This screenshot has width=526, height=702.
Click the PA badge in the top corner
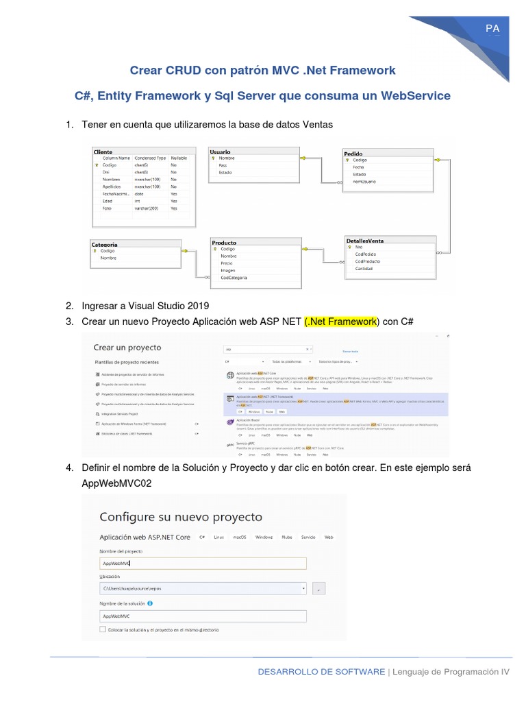coord(492,28)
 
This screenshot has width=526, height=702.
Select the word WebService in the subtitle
coord(417,96)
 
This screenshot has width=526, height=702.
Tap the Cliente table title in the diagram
coord(103,152)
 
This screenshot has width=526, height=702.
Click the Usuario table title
coord(221,152)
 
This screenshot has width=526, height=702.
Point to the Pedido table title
coord(353,154)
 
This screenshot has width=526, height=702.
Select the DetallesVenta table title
coord(365,241)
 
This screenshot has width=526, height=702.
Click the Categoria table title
coord(104,244)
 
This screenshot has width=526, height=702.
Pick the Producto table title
coord(224,243)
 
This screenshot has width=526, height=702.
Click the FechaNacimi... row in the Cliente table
coord(116,193)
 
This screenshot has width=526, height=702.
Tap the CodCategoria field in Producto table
coord(234,278)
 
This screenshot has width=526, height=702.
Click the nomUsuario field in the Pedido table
coord(365,182)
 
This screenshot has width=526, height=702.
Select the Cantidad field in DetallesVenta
coord(364,269)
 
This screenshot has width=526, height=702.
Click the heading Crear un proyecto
coord(127,348)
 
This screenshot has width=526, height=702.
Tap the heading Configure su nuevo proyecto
coord(181,516)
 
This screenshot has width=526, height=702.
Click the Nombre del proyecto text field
coord(203,564)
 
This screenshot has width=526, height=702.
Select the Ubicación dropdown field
coord(203,588)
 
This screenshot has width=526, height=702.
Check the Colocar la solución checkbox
coord(103,629)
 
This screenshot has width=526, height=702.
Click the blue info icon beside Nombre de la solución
coord(149,603)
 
